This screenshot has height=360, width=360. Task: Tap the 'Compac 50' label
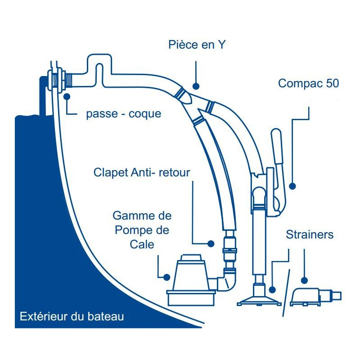(308, 83)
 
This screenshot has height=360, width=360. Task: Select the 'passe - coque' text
(123, 114)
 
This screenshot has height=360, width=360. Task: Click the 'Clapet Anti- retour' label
(142, 172)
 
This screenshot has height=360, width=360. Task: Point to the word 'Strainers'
(310, 234)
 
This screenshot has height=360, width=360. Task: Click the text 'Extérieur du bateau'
(72, 316)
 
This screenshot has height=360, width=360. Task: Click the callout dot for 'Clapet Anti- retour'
(211, 243)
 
